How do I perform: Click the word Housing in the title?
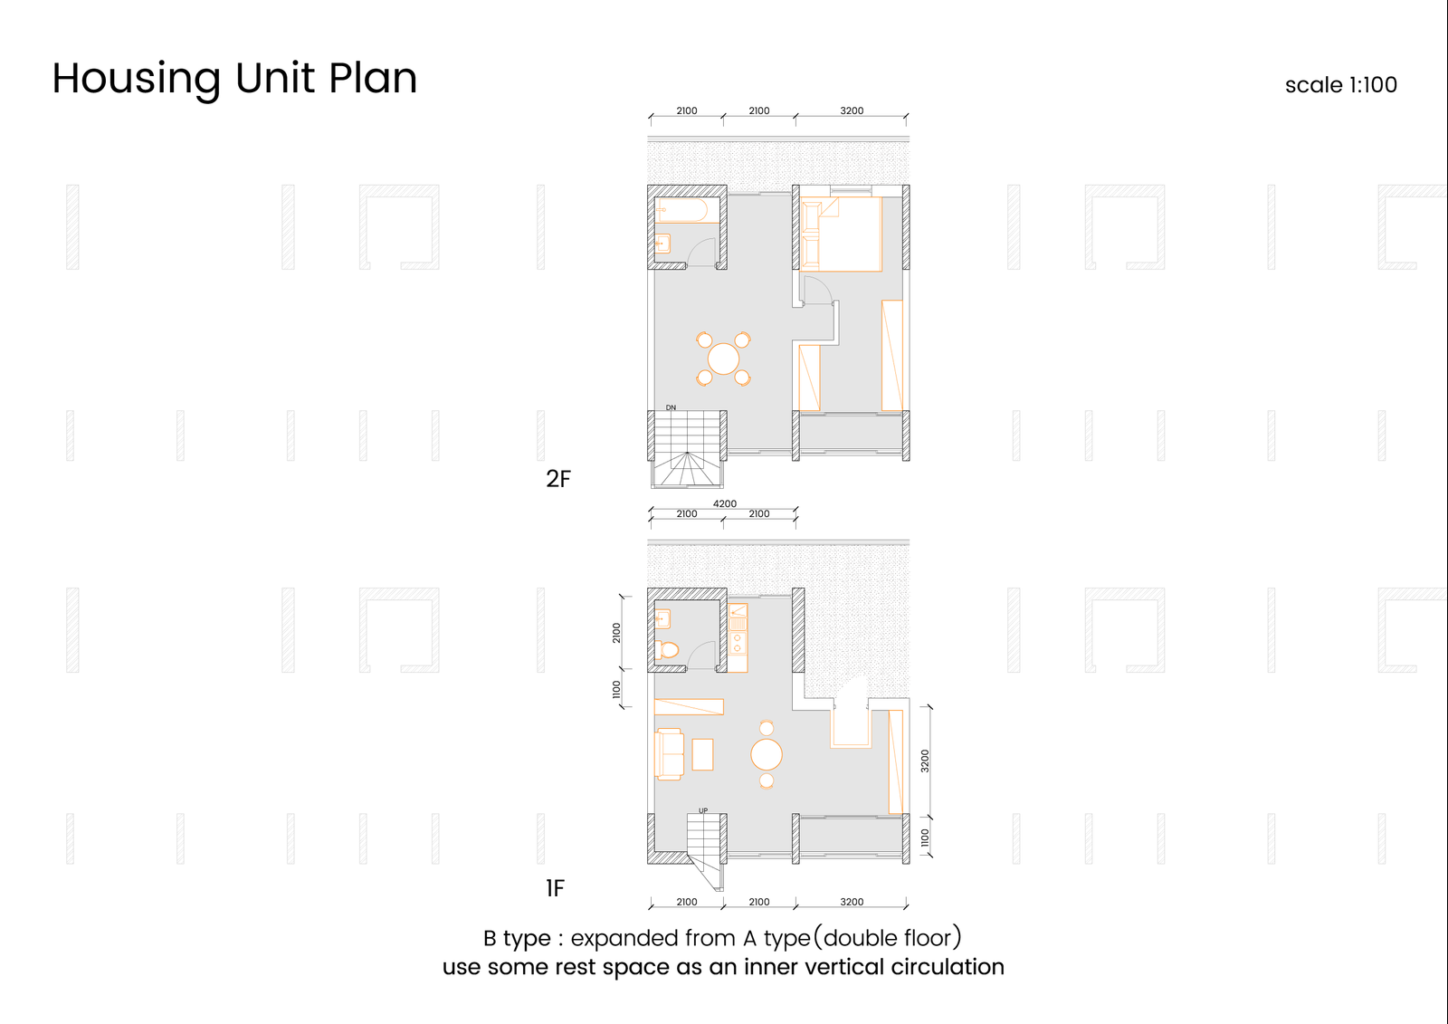[137, 80]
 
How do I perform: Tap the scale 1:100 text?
[1340, 85]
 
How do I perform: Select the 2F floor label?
[558, 479]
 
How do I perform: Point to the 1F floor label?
[556, 888]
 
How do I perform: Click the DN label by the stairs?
[671, 407]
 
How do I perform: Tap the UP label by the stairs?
[703, 810]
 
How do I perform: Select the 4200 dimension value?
[725, 503]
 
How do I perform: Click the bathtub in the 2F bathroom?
[687, 210]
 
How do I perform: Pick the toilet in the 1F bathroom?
[666, 649]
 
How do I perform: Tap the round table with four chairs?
[723, 359]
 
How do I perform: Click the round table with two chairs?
[767, 754]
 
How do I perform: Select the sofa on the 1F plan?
[669, 753]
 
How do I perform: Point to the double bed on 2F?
[841, 234]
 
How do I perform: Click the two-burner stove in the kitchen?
[738, 643]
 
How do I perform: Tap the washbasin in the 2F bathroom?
[662, 244]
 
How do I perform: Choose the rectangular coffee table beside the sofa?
[702, 754]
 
